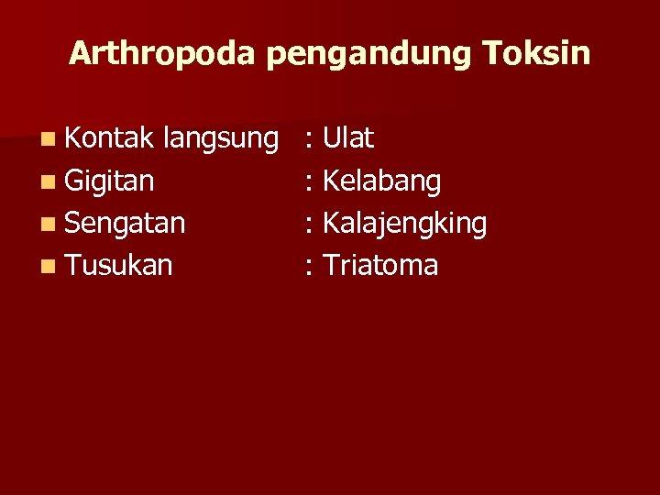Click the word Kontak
(x=110, y=138)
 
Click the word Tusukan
(x=119, y=266)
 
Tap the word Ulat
(x=349, y=138)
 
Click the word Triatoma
(x=381, y=266)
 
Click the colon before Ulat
(x=312, y=140)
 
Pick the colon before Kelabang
(x=312, y=182)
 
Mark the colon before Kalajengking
(x=312, y=225)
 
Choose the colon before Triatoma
(x=312, y=267)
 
